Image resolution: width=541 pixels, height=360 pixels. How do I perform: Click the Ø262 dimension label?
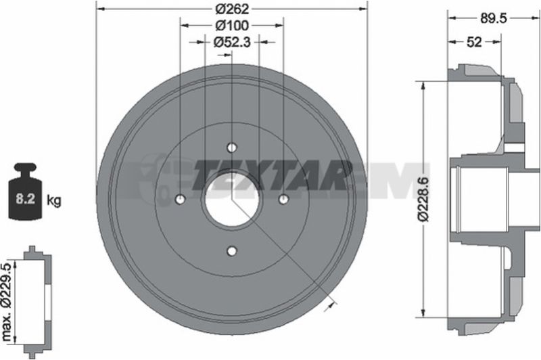[x=232, y=9]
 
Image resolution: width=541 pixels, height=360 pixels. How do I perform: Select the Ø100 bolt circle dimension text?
[x=232, y=25]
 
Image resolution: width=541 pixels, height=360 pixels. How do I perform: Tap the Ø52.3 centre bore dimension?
[x=232, y=42]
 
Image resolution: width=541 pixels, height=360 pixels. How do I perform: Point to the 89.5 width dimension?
[x=494, y=18]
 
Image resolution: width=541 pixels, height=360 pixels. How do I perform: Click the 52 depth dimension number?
[x=474, y=42]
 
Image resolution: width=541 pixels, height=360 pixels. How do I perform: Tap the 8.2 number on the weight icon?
[x=26, y=199]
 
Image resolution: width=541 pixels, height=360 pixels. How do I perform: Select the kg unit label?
[x=54, y=200]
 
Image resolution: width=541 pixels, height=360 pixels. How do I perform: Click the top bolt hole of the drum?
[x=232, y=148]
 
